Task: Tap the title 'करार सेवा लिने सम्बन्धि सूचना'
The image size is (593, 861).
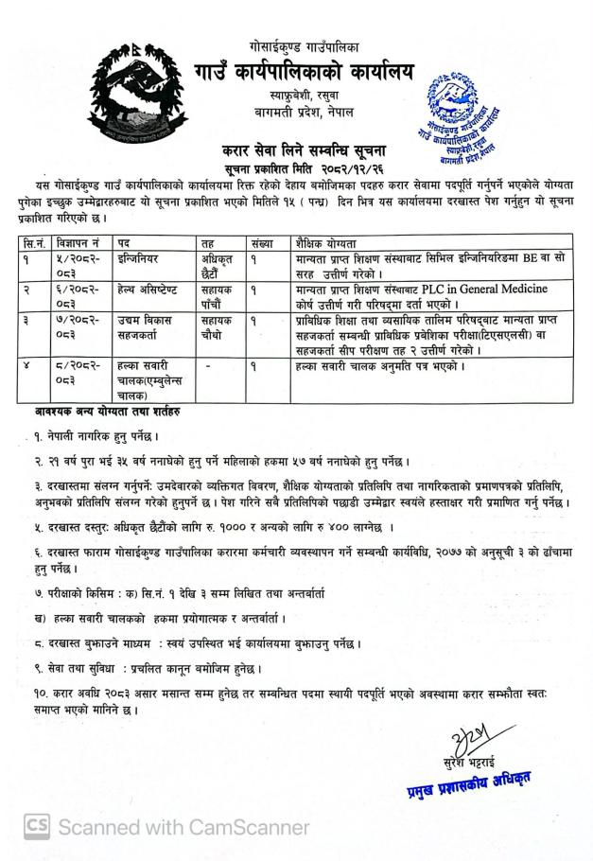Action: pyautogui.click(x=297, y=150)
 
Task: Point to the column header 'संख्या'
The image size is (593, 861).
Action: pyautogui.click(x=261, y=241)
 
